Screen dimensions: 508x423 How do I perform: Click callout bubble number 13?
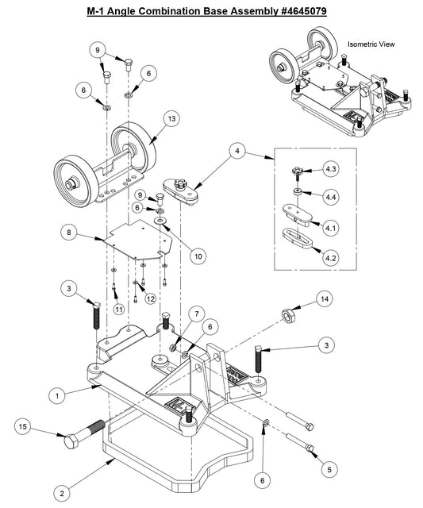pos(170,119)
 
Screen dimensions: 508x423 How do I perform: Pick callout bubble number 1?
pos(56,392)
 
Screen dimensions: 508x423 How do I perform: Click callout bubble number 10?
pos(197,256)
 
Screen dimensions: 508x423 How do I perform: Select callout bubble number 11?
pos(119,308)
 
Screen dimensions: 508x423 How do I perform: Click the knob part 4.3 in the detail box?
pos(295,170)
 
